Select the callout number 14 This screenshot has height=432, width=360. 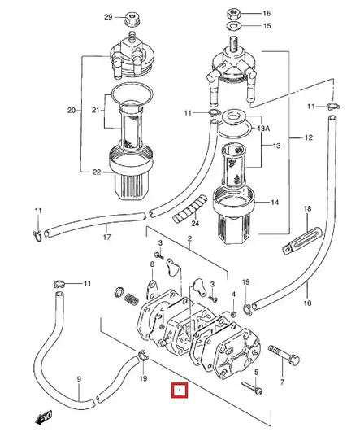tap(274, 202)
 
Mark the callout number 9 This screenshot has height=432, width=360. tap(79, 379)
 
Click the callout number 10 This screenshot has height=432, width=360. tap(307, 304)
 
